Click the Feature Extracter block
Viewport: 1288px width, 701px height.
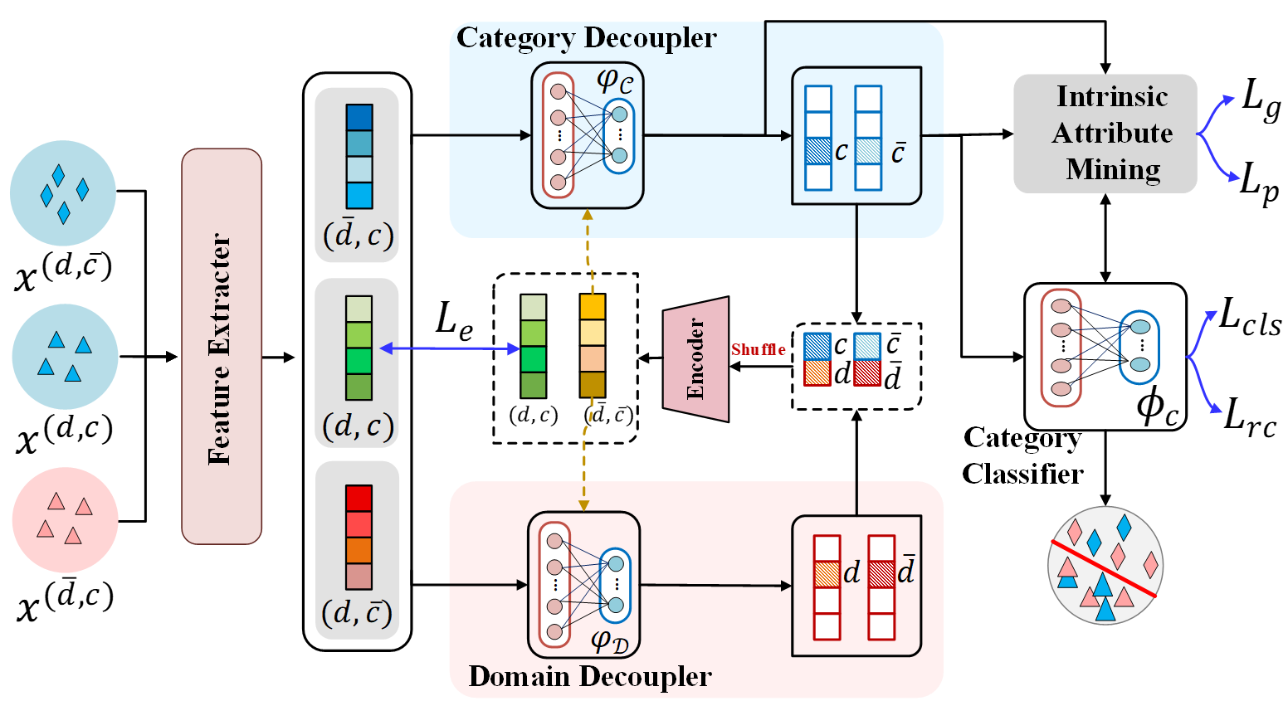click(x=222, y=347)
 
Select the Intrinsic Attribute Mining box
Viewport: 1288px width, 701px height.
click(x=1105, y=134)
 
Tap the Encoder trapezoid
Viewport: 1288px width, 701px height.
click(x=695, y=358)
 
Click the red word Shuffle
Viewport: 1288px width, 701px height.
click(x=758, y=350)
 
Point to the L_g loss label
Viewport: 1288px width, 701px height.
click(x=1261, y=100)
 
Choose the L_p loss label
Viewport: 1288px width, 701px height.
click(x=1259, y=182)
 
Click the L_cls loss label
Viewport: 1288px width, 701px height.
click(x=1249, y=319)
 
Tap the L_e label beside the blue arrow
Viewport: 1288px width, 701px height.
click(x=454, y=322)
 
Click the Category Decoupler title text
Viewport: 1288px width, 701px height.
click(x=586, y=38)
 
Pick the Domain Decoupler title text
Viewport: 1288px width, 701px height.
click(x=589, y=676)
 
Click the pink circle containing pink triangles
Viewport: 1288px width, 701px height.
click(x=65, y=519)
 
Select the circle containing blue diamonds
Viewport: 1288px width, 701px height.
click(x=63, y=192)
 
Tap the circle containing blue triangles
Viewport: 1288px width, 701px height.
click(x=65, y=356)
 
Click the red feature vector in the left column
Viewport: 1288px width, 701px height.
click(x=359, y=537)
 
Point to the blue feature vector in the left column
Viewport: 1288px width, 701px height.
click(x=359, y=156)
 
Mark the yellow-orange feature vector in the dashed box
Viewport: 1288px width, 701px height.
click(x=592, y=346)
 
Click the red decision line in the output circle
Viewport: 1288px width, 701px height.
click(x=1104, y=568)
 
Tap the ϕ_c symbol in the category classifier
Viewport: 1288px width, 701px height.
click(x=1157, y=407)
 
